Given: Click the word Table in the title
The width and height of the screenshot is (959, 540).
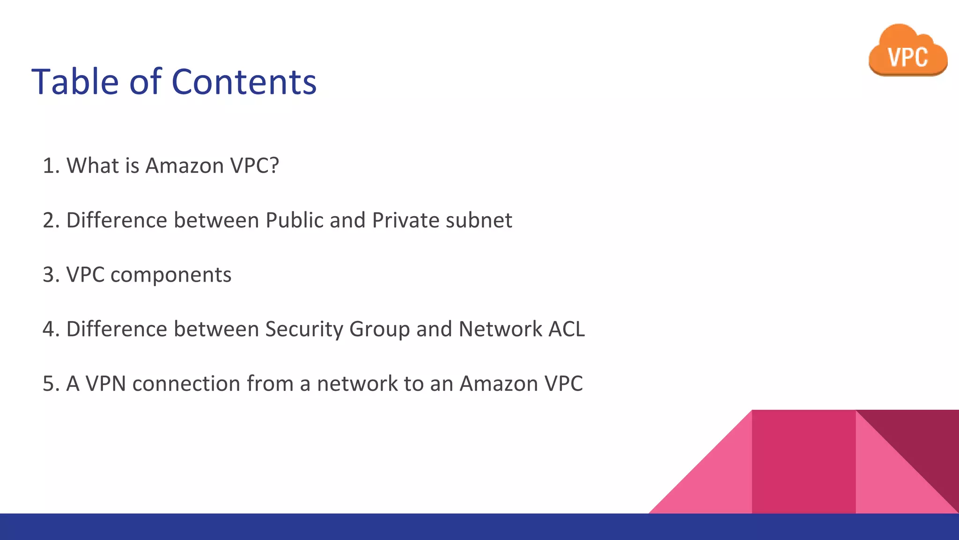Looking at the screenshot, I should click(75, 82).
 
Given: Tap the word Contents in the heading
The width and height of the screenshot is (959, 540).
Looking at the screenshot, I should click(244, 82).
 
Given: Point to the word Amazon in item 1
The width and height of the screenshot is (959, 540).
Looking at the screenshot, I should click(184, 165).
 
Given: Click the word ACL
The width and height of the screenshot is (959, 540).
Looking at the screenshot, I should click(567, 329).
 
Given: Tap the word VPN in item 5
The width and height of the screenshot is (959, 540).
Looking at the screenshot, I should click(106, 383).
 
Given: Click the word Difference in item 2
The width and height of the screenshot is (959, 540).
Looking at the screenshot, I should click(117, 220).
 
